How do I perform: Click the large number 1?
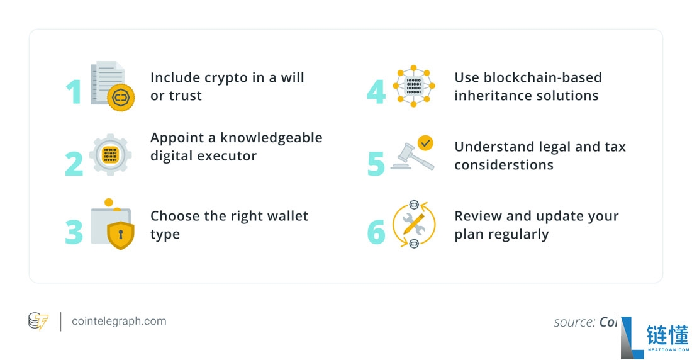click(x=74, y=91)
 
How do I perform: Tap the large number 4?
click(x=376, y=91)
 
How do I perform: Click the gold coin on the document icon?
click(x=121, y=98)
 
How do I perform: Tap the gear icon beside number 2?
click(x=111, y=155)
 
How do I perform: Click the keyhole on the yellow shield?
click(x=121, y=235)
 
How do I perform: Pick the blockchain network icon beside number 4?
click(x=414, y=86)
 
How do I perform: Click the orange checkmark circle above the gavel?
click(x=425, y=143)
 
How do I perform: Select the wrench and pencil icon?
click(x=414, y=225)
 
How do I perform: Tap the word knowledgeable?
click(x=271, y=137)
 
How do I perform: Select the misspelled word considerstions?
click(x=504, y=165)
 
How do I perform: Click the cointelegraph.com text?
click(x=119, y=321)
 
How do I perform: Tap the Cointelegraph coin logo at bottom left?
click(x=38, y=321)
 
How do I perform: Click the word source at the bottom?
click(x=574, y=322)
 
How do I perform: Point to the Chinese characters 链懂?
click(x=667, y=335)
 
